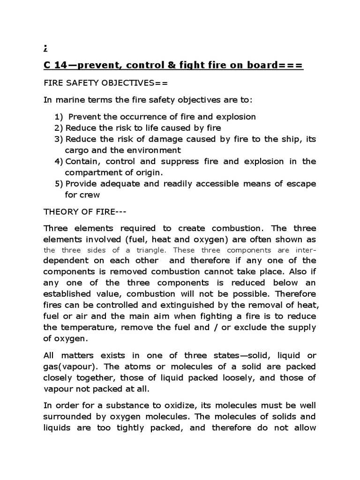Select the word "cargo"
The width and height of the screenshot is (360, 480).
tap(77, 150)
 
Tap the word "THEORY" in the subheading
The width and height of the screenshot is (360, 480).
tap(59, 212)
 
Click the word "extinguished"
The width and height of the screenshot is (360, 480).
tap(184, 305)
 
